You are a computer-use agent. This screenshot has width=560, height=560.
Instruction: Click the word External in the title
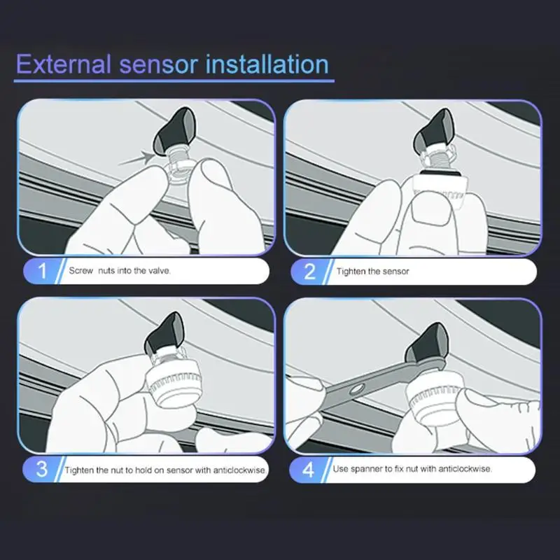64,64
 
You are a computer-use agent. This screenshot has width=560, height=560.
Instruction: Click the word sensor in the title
159,65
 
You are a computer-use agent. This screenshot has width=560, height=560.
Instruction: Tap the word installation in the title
267,64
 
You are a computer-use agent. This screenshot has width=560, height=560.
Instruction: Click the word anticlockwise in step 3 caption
239,470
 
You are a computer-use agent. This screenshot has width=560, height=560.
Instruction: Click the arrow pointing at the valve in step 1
136,159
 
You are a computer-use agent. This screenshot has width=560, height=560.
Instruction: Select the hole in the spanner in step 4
356,388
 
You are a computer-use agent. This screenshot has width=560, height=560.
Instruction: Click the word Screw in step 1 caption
80,271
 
